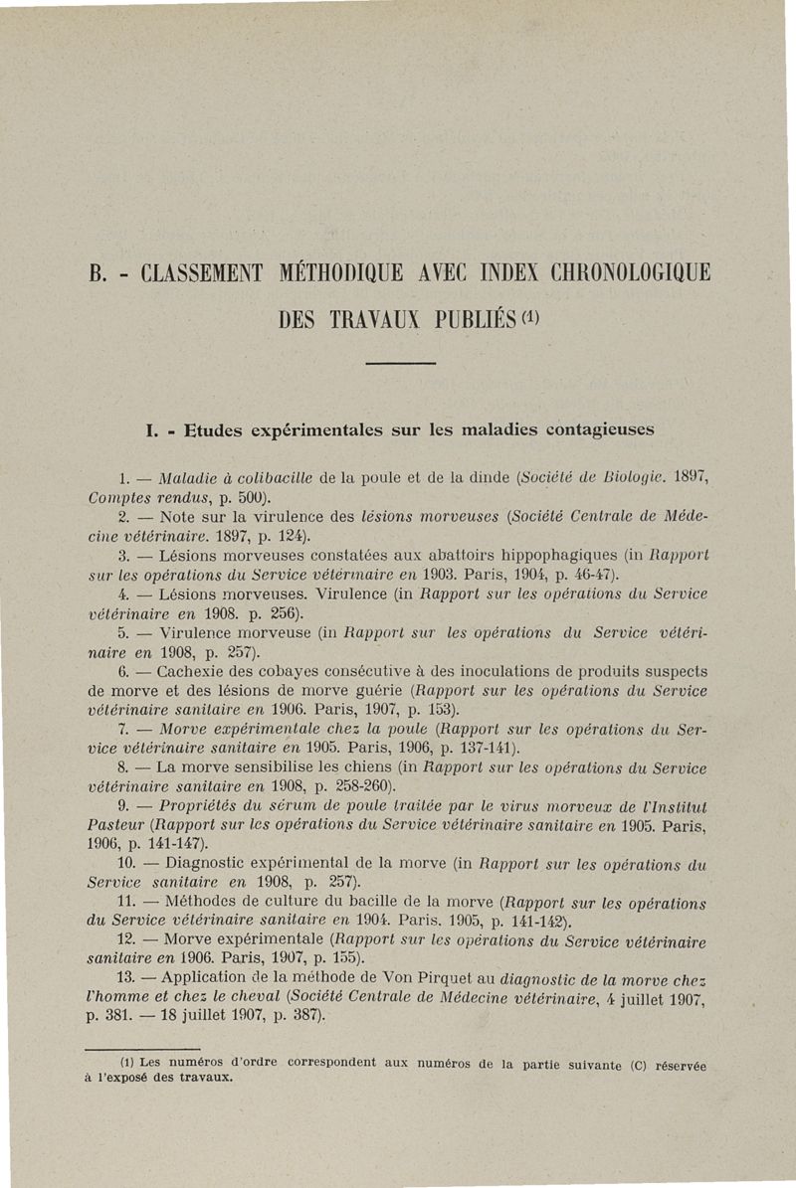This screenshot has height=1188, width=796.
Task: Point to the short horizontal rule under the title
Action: pos(401,365)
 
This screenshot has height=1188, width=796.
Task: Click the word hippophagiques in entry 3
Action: pos(527,557)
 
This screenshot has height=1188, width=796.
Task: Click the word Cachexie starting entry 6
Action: pos(193,672)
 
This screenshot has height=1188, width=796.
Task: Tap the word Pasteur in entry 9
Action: pos(101,824)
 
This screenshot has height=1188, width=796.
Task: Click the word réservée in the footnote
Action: pos(674,1065)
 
